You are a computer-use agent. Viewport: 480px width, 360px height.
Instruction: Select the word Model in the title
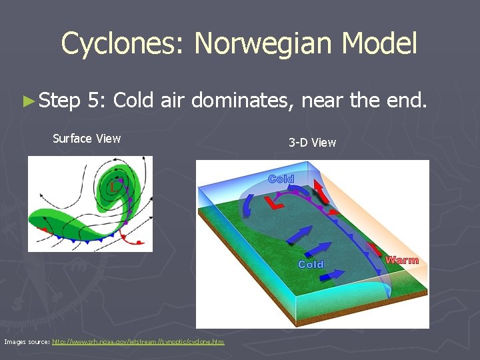coord(380,44)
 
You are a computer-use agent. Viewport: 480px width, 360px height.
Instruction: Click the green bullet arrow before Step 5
coord(27,101)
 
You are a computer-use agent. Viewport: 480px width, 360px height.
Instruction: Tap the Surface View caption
coord(87,139)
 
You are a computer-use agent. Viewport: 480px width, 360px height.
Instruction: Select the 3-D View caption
coord(312,142)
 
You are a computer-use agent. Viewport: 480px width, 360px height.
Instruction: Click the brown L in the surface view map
coord(115,187)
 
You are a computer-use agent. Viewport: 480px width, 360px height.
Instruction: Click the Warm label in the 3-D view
coord(402,260)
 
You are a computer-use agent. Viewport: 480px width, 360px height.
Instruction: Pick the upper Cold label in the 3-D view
coord(281,179)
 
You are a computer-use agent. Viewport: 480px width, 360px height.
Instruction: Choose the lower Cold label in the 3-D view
coord(311,265)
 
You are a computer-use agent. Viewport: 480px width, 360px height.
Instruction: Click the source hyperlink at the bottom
coord(138,342)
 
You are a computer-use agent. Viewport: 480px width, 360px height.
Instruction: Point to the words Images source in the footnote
coord(26,342)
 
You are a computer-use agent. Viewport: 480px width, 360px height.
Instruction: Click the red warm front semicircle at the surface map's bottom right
coord(139,242)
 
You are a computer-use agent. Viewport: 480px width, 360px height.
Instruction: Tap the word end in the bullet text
coord(406,101)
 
